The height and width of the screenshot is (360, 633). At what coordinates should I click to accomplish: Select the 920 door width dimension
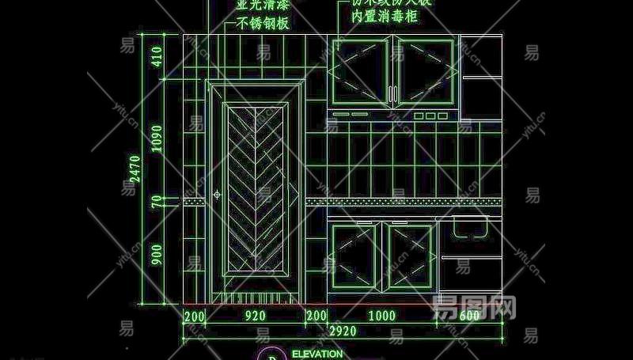(x=255, y=316)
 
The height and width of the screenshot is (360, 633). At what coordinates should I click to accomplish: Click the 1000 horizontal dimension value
(x=382, y=316)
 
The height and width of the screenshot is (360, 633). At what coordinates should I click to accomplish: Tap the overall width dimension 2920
(x=342, y=330)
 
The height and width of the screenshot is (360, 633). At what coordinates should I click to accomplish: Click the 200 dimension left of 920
(x=194, y=316)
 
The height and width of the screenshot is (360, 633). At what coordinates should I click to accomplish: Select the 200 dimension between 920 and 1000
(x=316, y=316)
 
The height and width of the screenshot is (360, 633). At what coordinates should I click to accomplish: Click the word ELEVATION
(x=317, y=354)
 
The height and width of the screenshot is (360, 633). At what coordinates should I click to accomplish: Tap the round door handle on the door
(x=216, y=194)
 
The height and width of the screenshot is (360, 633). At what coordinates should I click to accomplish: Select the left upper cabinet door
(x=360, y=71)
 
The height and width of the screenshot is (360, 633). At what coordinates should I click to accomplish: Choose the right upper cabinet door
(x=425, y=71)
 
